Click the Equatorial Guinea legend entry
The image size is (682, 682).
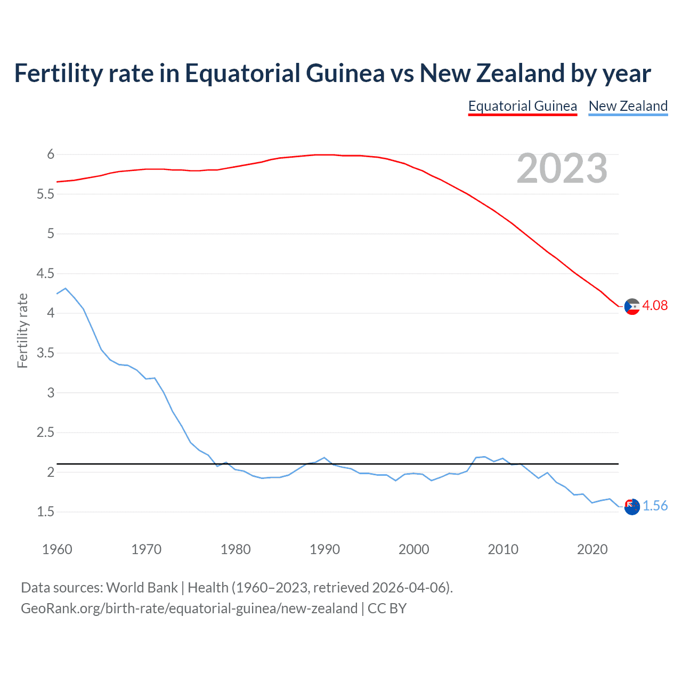coord(522,106)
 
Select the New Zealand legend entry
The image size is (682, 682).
coord(628,106)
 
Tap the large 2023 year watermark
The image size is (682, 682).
coord(562,168)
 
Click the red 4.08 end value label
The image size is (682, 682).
coord(654,305)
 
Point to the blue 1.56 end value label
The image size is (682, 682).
coord(655,506)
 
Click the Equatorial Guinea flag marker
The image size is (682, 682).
coord(632,306)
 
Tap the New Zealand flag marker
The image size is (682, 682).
coord(632,507)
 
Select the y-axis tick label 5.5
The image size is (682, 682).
coord(45,194)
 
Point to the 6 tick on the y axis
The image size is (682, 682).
coord(51,155)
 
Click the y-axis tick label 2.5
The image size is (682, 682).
coord(45,433)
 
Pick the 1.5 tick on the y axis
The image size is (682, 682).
coord(45,512)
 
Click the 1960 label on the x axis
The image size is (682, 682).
coord(57,549)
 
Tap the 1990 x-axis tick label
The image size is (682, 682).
coord(324,549)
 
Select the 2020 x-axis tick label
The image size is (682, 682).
coord(592,549)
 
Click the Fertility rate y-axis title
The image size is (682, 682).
coord(22,330)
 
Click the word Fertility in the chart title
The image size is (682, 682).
coord(58,74)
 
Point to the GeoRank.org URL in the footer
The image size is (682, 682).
coord(189,608)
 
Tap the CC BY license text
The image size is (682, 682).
coord(387,608)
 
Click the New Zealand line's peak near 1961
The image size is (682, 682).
coord(66,288)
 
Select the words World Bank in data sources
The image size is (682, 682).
coord(142,588)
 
